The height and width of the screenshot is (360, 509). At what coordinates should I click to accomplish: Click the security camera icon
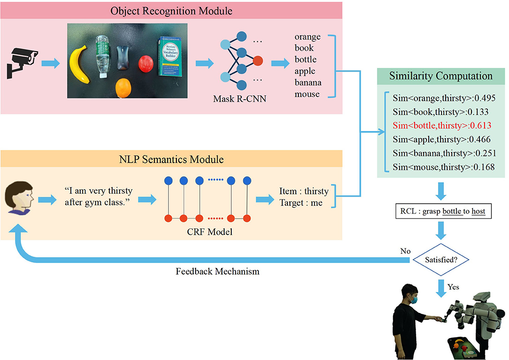[22, 63]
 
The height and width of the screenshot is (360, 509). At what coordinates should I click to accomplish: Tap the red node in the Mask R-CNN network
[258, 61]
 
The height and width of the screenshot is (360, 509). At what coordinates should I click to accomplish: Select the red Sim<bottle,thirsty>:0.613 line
[440, 125]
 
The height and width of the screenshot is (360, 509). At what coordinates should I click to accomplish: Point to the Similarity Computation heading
[441, 76]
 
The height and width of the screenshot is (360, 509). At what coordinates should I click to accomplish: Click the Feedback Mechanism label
[217, 271]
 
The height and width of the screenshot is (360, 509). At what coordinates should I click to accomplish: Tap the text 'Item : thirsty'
[304, 191]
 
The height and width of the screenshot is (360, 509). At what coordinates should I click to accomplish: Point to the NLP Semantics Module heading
[171, 160]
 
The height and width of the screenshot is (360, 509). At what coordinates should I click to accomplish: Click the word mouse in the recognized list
[307, 94]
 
